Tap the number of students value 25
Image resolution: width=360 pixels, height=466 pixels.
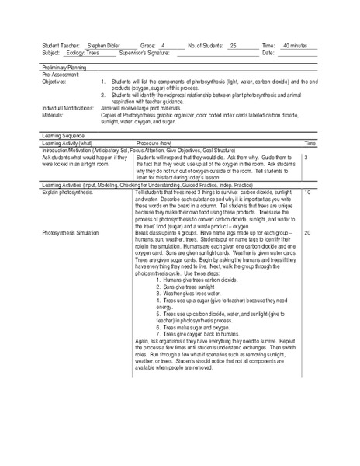coord(233,46)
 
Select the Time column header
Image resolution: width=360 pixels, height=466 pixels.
coord(310,144)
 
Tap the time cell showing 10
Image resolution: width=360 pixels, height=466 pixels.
coord(308,191)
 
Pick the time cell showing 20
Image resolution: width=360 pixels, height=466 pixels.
coord(308,232)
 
